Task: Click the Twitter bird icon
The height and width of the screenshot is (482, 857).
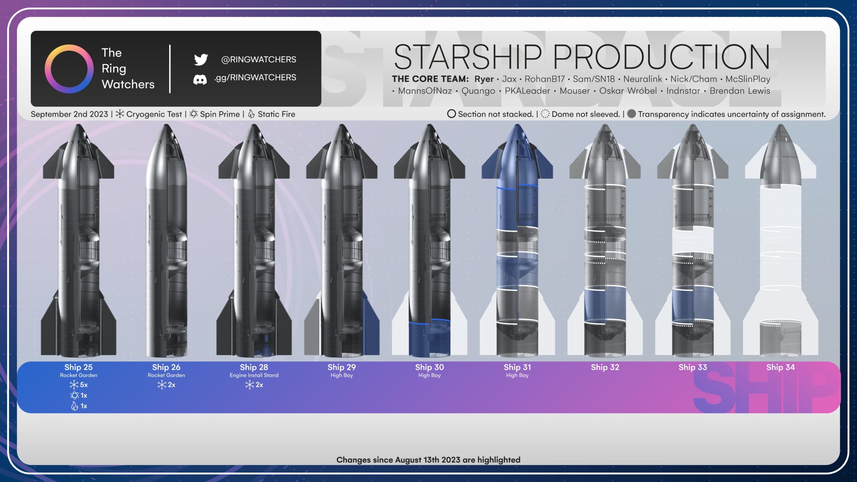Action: point(201,59)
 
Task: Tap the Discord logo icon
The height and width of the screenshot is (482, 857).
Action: point(200,80)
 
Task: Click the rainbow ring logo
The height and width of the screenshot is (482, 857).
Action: point(69,69)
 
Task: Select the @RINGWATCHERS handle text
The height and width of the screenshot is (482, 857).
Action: point(258,60)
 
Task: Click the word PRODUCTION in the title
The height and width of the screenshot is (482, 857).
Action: point(661,57)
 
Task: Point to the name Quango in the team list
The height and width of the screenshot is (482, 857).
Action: point(478,91)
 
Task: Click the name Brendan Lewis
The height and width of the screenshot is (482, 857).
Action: point(740,91)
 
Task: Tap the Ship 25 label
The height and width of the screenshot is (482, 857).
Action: point(78,367)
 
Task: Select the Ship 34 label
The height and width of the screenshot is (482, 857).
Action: point(780,367)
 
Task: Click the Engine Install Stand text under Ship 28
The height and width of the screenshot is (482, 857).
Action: point(254,376)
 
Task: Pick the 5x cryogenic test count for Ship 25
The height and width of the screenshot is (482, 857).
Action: point(84,385)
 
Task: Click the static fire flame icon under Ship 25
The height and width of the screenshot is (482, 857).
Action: point(74,406)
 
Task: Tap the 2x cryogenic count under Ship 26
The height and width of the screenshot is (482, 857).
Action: point(171,385)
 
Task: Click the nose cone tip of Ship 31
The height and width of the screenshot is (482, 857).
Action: point(517,125)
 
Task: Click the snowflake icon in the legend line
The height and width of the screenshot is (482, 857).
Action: point(120,114)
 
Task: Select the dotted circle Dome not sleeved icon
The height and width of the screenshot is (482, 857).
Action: point(545,114)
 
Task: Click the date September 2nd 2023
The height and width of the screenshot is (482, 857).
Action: point(69,114)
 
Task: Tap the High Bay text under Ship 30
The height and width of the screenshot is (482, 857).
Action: point(430,376)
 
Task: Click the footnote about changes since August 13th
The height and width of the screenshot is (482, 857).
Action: point(428,460)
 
